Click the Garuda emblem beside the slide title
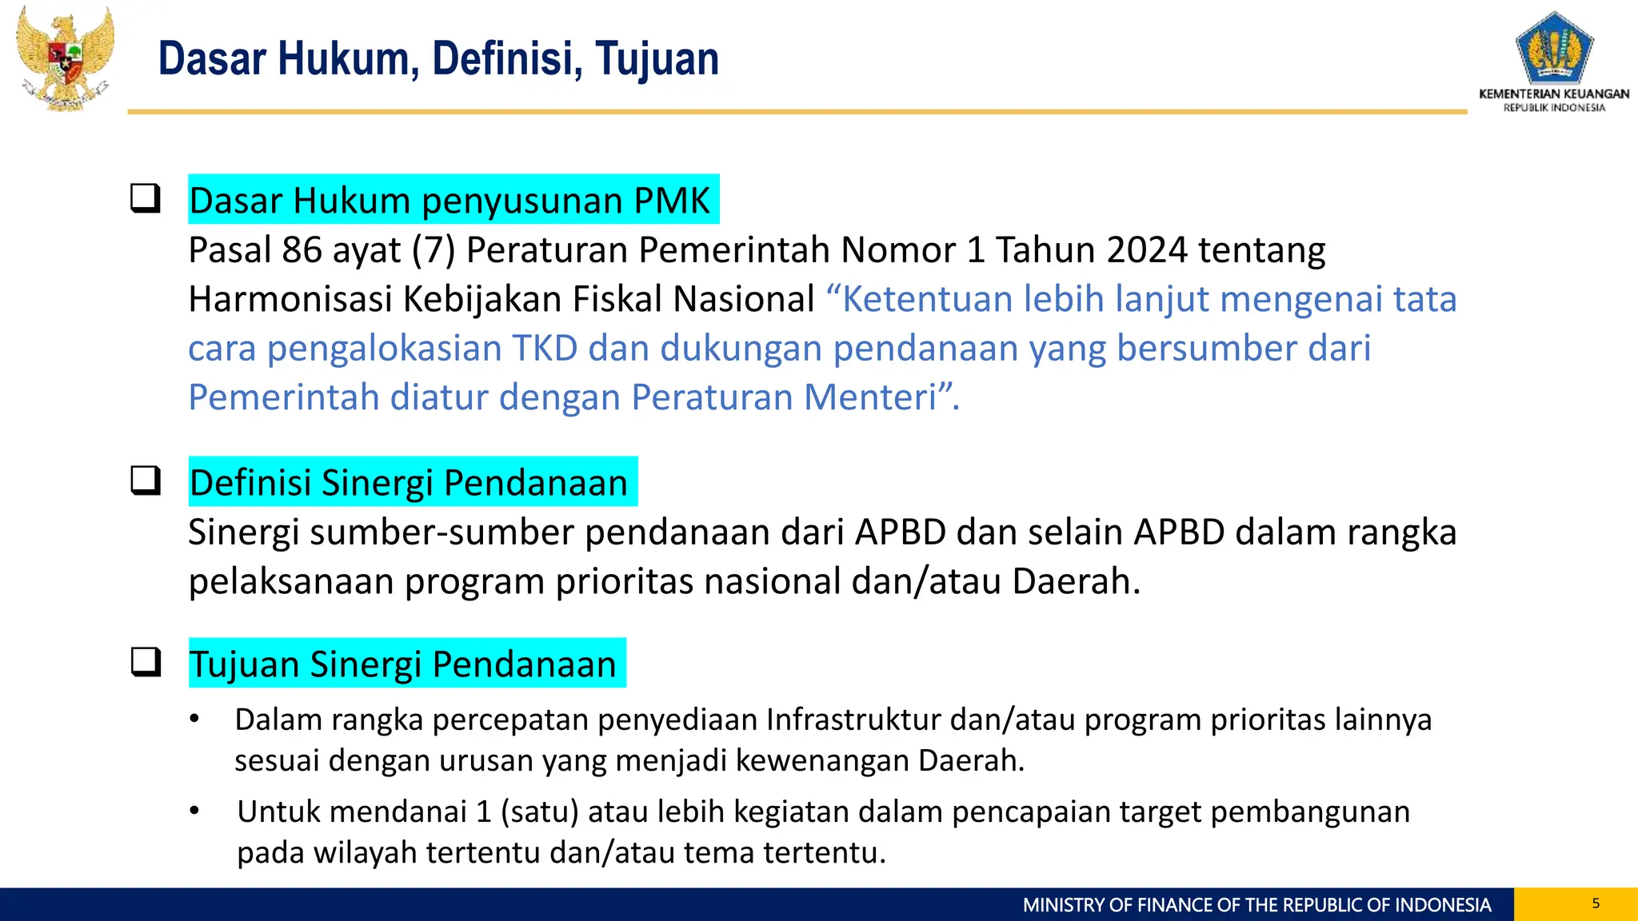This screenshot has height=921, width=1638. click(x=66, y=58)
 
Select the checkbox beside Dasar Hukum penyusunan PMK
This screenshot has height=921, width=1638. click(x=146, y=198)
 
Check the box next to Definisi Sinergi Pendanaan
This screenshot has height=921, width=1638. click(x=146, y=480)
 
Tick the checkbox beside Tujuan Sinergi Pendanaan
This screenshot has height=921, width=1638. click(x=146, y=662)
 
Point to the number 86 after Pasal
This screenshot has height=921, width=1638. click(x=302, y=250)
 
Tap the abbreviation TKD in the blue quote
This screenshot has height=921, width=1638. click(x=545, y=349)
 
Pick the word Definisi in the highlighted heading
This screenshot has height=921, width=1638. click(x=250, y=483)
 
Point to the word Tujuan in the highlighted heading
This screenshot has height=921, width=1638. click(x=244, y=664)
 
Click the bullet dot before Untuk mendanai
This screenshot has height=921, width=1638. click(x=194, y=811)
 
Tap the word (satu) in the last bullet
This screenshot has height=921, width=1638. click(x=539, y=811)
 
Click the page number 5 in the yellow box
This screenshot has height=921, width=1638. click(x=1596, y=903)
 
